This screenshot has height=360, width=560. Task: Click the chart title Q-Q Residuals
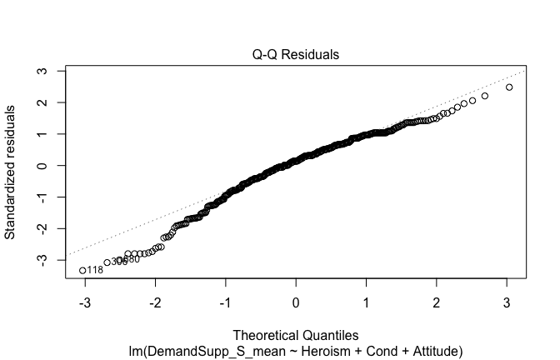coord(297,55)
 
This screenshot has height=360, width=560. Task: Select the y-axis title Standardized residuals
coord(12,172)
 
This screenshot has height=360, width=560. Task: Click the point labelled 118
coord(82,270)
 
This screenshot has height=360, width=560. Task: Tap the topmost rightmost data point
coord(509,87)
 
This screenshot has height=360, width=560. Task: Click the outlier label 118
coord(95,270)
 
